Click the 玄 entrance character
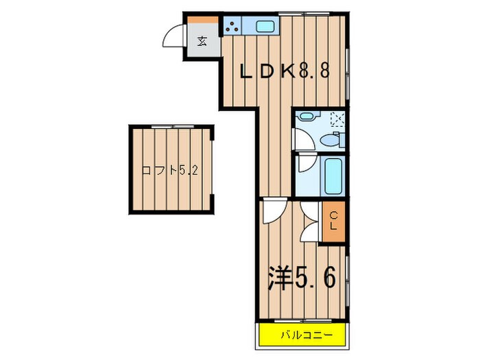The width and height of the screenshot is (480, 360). coord(202,40)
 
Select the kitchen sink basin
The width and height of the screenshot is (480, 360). coord(264,27)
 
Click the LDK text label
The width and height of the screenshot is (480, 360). coord(268,71)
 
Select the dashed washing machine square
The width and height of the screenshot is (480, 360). coord(337,120)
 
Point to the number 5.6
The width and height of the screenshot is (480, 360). coord(317,278)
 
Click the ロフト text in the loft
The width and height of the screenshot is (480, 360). coord(155,169)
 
